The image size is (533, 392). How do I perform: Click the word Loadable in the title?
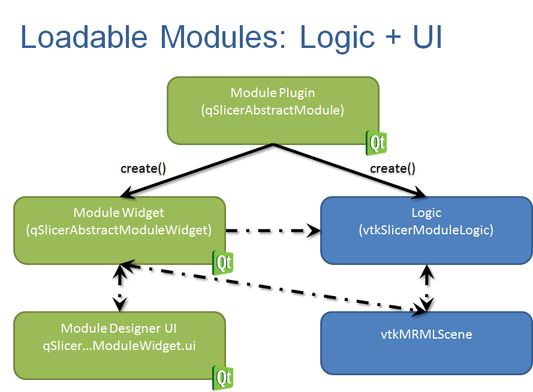tap(84, 37)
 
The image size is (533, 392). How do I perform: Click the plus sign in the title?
tap(393, 37)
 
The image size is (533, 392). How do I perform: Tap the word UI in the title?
tap(427, 37)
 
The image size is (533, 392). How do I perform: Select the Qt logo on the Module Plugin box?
tap(376, 143)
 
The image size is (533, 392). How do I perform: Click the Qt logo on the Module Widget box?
tap(222, 263)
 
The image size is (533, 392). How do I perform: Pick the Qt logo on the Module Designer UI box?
tap(222, 378)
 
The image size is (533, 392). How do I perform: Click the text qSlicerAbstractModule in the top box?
tap(273, 110)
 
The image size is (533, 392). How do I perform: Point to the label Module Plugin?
tap(273, 93)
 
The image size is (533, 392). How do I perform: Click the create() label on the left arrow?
tap(143, 168)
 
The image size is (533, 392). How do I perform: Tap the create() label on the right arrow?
tap(393, 168)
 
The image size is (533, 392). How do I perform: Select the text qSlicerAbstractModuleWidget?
tap(119, 230)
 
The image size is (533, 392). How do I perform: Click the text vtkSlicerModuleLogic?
tap(426, 230)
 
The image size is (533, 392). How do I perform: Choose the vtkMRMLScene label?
tap(426, 334)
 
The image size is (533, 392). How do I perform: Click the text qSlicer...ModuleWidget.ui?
tap(119, 346)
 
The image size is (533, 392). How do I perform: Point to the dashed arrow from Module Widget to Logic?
tap(273, 231)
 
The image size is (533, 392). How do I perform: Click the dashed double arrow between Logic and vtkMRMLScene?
tap(427, 288)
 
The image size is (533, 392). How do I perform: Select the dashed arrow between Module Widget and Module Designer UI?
tap(120, 288)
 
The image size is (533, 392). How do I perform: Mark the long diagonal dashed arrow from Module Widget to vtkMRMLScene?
tap(273, 288)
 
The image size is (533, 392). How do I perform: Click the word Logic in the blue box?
tap(426, 213)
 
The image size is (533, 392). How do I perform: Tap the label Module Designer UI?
tap(119, 328)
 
